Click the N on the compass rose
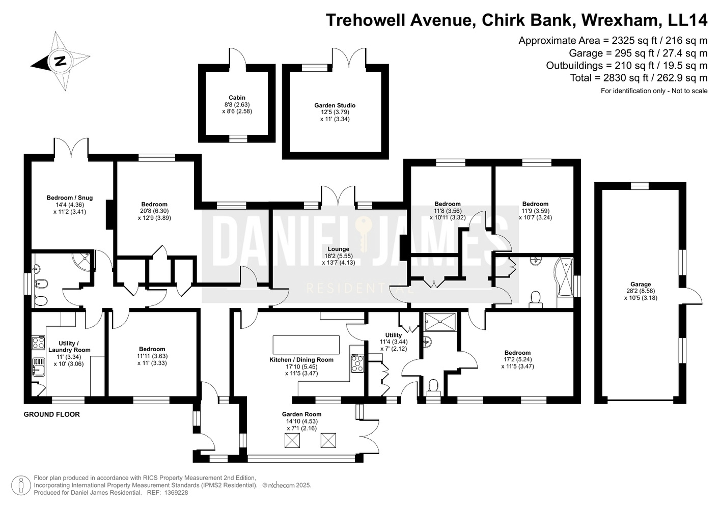[60, 61]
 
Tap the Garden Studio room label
[335, 105]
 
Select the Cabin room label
[237, 98]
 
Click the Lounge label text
[338, 249]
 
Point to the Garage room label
[641, 284]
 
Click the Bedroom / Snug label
[70, 197]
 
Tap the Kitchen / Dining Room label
[301, 359]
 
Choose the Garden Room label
[301, 414]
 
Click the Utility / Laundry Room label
[69, 347]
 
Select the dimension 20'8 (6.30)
[154, 211]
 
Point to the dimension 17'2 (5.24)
[517, 359]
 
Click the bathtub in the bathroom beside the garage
[564, 277]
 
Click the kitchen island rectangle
[306, 345]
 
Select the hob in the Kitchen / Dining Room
[357, 363]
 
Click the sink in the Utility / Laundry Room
[39, 367]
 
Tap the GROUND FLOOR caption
[52, 414]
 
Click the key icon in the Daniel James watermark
[364, 234]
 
